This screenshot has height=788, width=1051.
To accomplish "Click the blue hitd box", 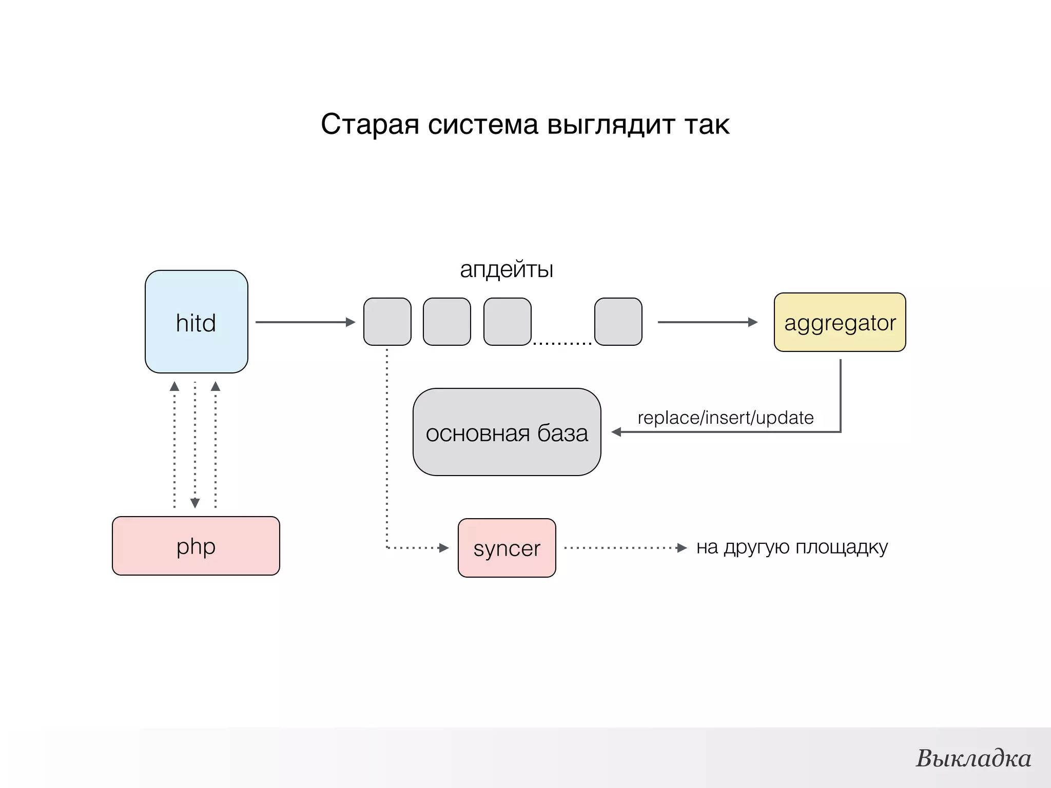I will [x=196, y=322].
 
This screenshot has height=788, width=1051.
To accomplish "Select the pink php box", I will [x=196, y=546].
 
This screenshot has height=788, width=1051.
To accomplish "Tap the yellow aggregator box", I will [x=840, y=322].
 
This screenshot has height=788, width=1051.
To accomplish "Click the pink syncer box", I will [x=507, y=548].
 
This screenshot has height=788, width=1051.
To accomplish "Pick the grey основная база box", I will [x=507, y=432].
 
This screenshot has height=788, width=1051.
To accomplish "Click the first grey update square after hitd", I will [x=387, y=322].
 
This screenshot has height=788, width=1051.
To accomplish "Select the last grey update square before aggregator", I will [x=618, y=322].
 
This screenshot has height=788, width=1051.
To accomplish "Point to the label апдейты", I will [x=506, y=269].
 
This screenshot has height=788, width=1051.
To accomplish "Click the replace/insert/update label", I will [x=725, y=418].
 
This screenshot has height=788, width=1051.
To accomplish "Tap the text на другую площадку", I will [x=792, y=547].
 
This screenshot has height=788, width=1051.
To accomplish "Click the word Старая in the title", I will [x=369, y=124].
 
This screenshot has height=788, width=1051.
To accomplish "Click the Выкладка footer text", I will [x=973, y=758].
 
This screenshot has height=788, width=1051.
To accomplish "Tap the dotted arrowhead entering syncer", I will [x=444, y=548].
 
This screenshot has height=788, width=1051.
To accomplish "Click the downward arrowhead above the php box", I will [x=195, y=503].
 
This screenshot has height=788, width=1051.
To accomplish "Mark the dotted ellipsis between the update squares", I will [x=562, y=343].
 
